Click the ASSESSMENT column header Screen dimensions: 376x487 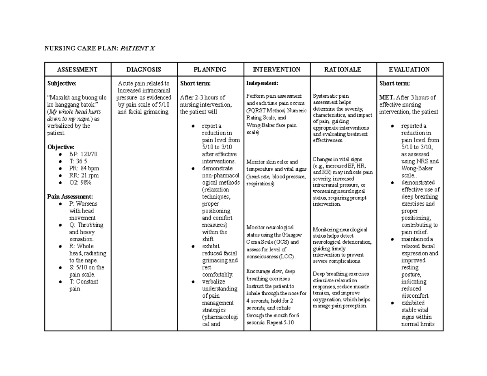(x=77, y=69)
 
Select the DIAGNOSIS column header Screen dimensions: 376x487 (x=144, y=69)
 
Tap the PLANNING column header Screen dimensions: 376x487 (x=210, y=69)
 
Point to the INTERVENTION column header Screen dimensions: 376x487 (x=276, y=69)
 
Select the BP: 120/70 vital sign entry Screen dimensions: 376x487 (x=83, y=154)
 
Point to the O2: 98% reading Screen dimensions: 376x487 (x=80, y=183)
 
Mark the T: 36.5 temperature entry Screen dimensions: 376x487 (x=78, y=161)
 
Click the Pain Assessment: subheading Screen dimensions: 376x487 (x=70, y=197)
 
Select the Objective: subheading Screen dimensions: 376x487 (x=61, y=147)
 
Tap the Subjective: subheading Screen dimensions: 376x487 (x=62, y=83)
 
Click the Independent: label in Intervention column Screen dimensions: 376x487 (x=262, y=83)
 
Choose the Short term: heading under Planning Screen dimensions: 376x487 (x=195, y=83)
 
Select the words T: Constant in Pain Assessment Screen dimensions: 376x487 (x=84, y=281)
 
